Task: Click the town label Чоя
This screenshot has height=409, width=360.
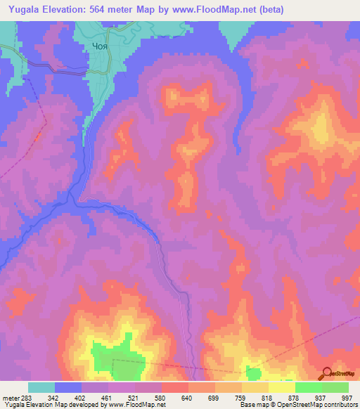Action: (100, 48)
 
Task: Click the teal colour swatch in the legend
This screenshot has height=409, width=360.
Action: (41, 387)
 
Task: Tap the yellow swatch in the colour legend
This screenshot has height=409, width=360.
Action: (281, 387)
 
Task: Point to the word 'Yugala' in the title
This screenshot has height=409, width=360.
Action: (26, 9)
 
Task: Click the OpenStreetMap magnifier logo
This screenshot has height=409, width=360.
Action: (326, 373)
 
